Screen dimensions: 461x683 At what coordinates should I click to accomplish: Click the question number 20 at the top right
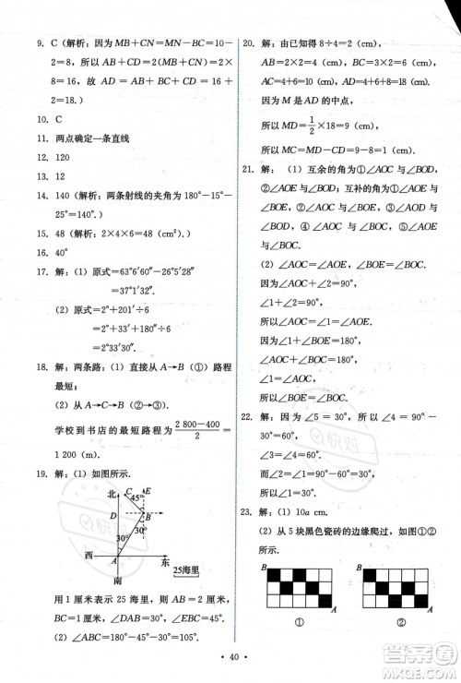[246, 42]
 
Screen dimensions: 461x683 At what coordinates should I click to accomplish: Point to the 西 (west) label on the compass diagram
[89, 555]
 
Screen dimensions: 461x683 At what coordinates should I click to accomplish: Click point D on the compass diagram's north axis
[112, 516]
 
